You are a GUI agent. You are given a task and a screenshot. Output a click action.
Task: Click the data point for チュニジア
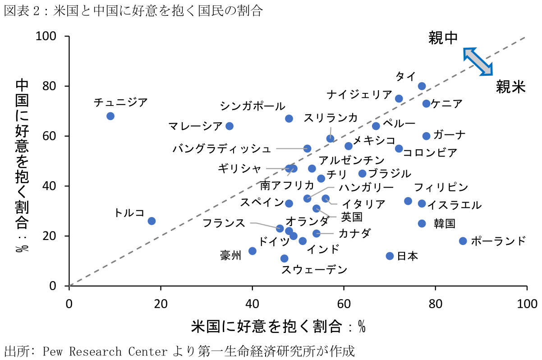pyautogui.click(x=110, y=116)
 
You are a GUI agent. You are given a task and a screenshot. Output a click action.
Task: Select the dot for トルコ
pyautogui.click(x=152, y=221)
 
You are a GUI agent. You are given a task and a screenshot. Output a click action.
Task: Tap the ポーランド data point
pyautogui.click(x=463, y=241)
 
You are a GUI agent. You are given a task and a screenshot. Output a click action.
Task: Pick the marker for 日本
pyautogui.click(x=390, y=256)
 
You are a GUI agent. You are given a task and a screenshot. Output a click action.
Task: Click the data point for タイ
pyautogui.click(x=422, y=86)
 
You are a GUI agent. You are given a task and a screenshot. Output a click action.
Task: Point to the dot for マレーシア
pyautogui.click(x=229, y=126)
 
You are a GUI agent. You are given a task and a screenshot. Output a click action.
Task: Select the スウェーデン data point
pyautogui.click(x=284, y=258)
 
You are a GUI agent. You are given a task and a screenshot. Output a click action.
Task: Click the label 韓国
pyautogui.click(x=444, y=223)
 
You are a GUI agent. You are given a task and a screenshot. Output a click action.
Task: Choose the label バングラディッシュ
pyautogui.click(x=222, y=148)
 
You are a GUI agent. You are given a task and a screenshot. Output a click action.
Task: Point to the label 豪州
pyautogui.click(x=230, y=255)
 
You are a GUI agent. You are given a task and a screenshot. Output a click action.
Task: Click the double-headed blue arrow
pyautogui.click(x=478, y=61)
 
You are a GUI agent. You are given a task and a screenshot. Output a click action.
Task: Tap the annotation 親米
pyautogui.click(x=511, y=87)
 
